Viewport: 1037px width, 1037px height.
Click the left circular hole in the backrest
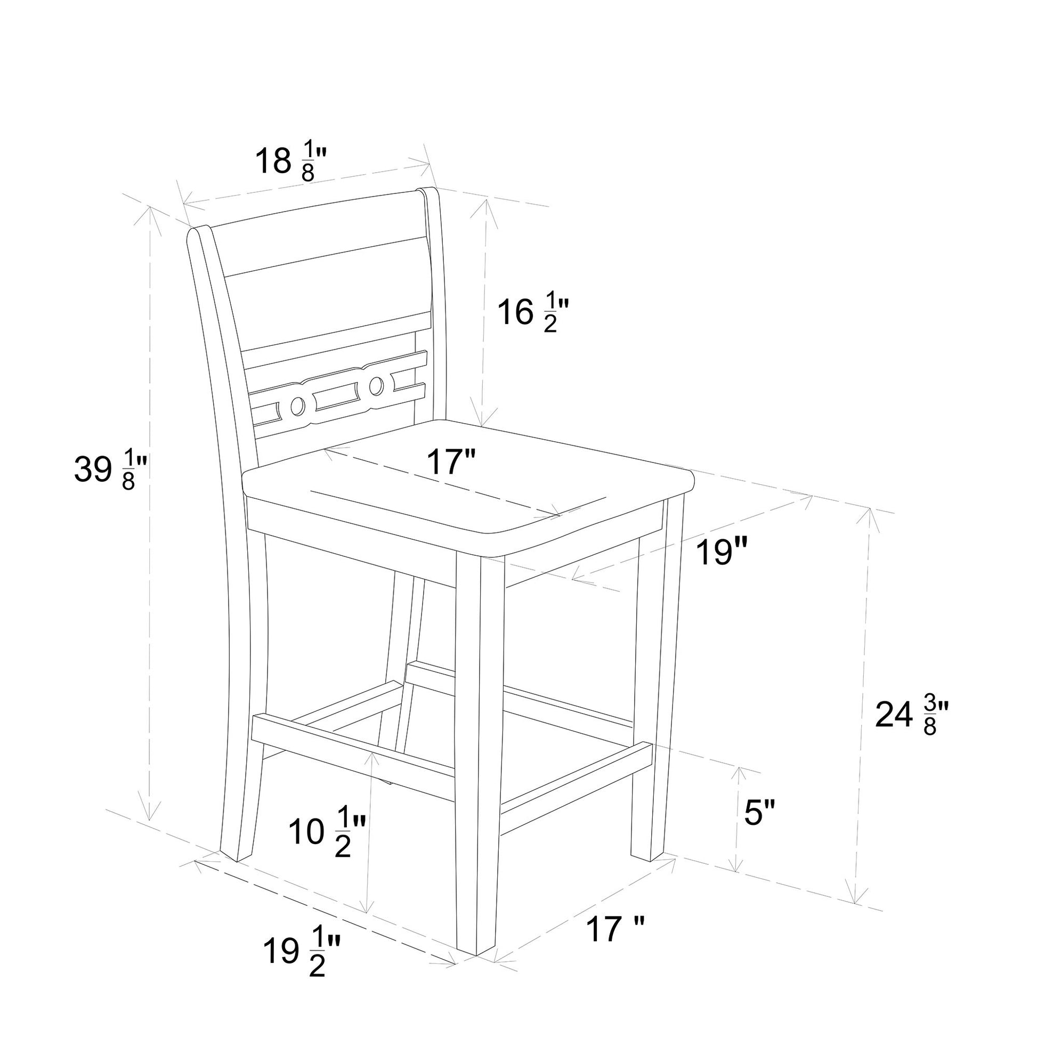pyautogui.click(x=296, y=406)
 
